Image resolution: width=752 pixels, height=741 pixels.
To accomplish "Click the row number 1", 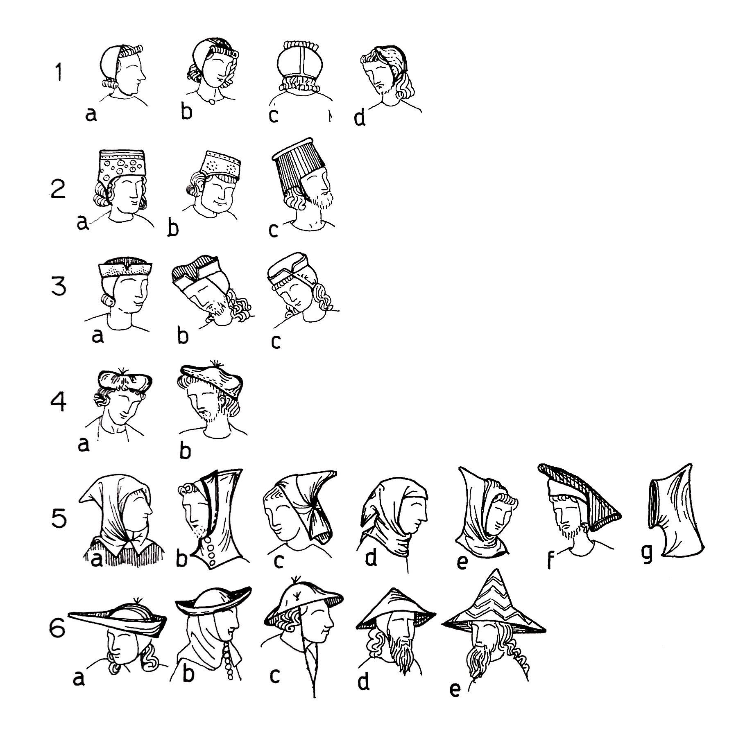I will click(x=59, y=73).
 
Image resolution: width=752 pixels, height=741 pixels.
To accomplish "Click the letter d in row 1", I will click(x=360, y=118).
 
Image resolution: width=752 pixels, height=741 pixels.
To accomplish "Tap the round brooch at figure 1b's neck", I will click(x=211, y=101).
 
